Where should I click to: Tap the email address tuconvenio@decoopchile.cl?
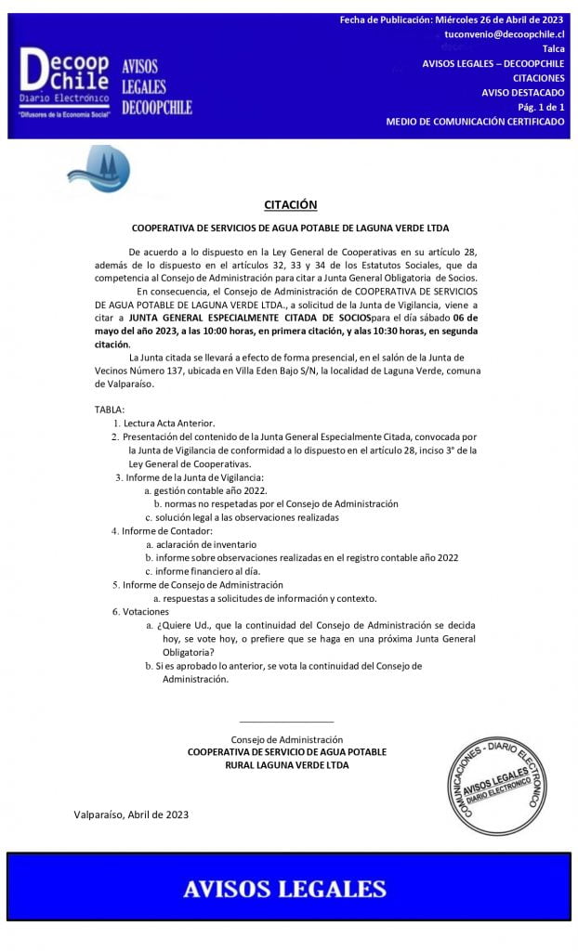[504, 33]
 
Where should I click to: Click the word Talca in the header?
[553, 48]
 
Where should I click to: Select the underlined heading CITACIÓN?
[291, 204]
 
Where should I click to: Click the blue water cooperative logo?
[98, 170]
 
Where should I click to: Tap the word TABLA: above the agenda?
[110, 410]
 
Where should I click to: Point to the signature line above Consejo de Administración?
[286, 721]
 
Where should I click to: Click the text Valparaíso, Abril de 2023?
[131, 814]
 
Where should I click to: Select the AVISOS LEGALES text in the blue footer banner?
[283, 888]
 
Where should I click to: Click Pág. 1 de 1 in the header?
[536, 107]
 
